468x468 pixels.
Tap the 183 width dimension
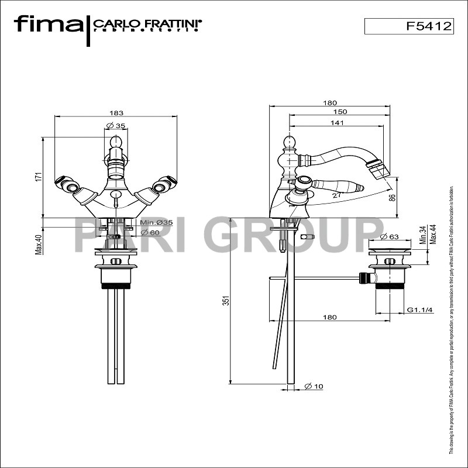click(115, 113)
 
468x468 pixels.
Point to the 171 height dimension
click(37, 176)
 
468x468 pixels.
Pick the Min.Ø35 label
click(156, 222)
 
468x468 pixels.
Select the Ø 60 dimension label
click(150, 233)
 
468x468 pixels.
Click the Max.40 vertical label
click(38, 245)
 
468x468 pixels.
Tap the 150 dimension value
click(340, 112)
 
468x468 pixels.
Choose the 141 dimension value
click(336, 123)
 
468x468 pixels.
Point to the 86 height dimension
click(392, 198)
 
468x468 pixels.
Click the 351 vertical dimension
click(226, 300)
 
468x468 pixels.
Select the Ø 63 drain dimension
click(389, 237)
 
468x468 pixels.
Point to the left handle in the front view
click(69, 186)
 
